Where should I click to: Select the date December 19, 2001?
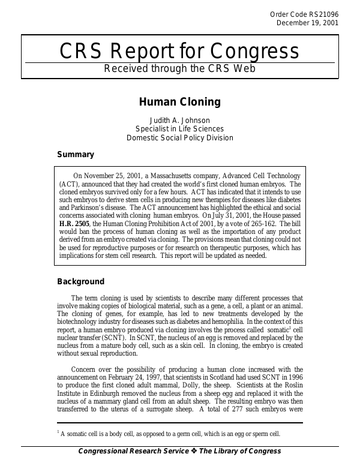pyautogui.click(x=307, y=23)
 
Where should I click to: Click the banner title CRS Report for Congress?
pyautogui.click(x=179, y=52)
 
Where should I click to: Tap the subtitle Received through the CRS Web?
pyautogui.click(x=179, y=68)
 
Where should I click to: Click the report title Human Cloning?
pyautogui.click(x=180, y=102)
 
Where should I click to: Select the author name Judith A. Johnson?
pyautogui.click(x=180, y=119)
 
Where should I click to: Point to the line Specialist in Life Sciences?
pyautogui.click(x=180, y=128)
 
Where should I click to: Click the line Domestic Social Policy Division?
pyautogui.click(x=180, y=137)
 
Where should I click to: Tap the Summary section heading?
pyautogui.click(x=75, y=154)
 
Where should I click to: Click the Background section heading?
pyautogui.click(x=80, y=281)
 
